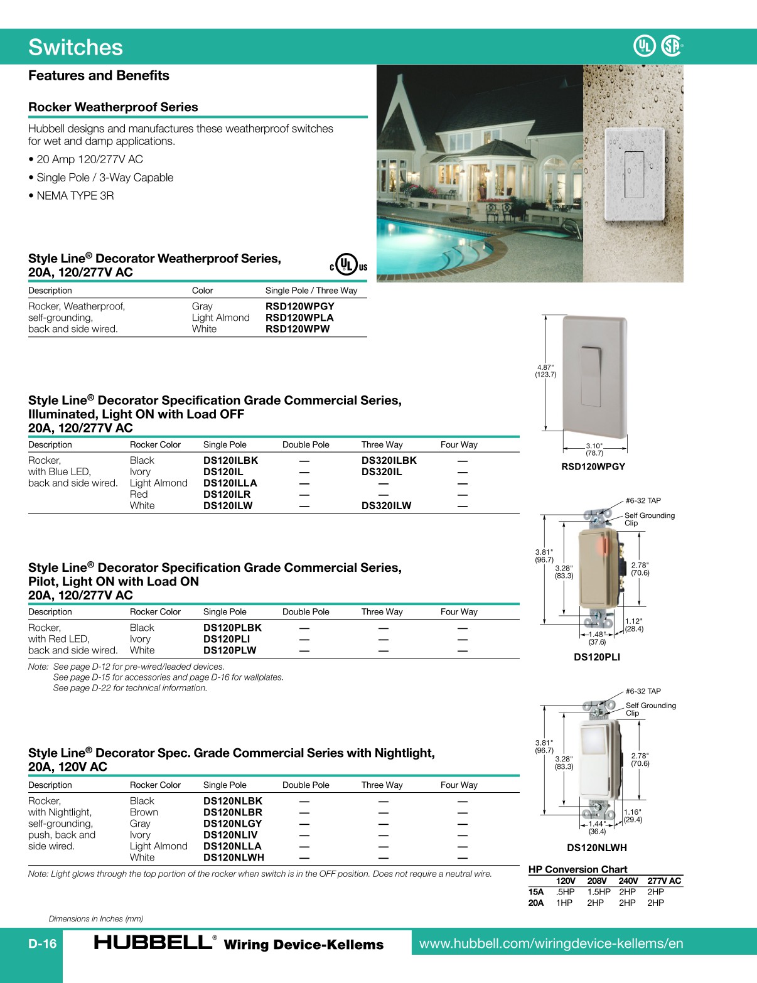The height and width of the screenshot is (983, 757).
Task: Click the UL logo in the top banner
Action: click(645, 46)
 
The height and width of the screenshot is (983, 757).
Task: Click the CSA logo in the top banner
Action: click(672, 46)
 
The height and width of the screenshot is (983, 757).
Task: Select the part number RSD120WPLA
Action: click(299, 318)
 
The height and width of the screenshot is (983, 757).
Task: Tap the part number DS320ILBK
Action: click(389, 460)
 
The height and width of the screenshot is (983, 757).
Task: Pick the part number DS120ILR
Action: click(227, 494)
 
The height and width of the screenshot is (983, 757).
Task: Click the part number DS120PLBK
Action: click(232, 628)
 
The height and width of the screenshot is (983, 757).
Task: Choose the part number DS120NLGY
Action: click(232, 824)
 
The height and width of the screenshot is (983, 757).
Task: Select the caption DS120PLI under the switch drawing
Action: click(597, 657)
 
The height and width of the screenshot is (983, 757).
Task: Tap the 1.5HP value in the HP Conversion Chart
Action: click(599, 892)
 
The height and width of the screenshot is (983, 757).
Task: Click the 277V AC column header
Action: click(664, 881)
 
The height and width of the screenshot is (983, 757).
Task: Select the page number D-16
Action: click(42, 943)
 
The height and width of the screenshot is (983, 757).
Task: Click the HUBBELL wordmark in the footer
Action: click(153, 943)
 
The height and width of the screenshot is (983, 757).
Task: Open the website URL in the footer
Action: click(550, 943)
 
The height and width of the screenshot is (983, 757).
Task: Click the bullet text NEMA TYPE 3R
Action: click(75, 196)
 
